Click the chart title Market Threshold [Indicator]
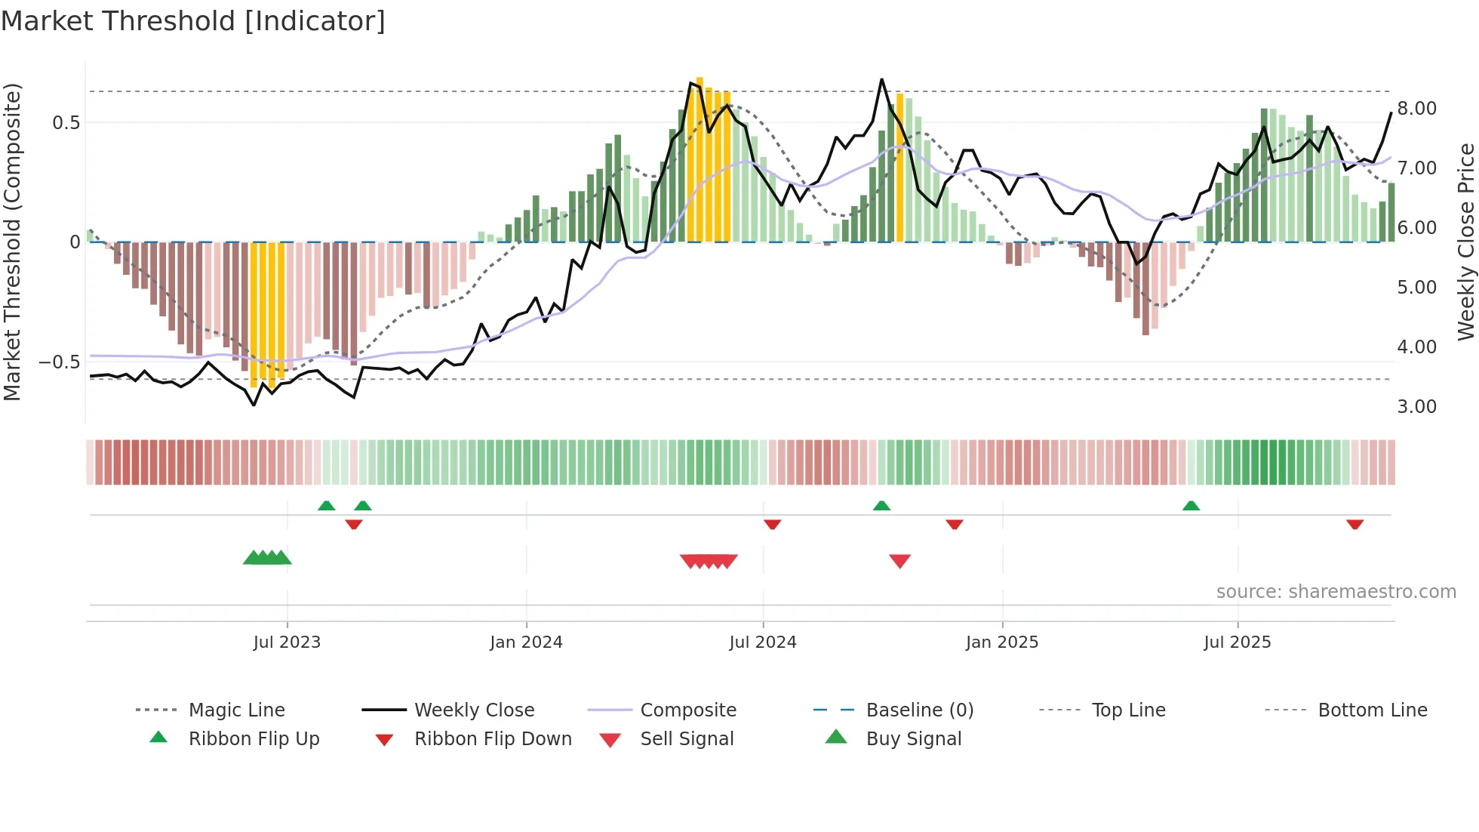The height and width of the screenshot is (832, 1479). [193, 21]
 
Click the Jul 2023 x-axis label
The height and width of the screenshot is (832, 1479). [287, 642]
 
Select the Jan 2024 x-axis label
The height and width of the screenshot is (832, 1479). [526, 642]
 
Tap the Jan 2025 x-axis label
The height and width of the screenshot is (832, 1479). [1002, 642]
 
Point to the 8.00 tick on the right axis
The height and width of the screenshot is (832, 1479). [1416, 108]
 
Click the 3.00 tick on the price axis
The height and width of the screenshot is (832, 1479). [1416, 407]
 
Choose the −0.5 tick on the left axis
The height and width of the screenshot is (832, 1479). [59, 362]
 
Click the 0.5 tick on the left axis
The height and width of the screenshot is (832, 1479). [66, 122]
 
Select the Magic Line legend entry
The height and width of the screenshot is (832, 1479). [236, 710]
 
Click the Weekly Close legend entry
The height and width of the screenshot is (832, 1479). [474, 710]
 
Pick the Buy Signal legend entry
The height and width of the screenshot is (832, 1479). [913, 739]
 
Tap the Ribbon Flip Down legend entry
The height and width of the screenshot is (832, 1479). [493, 739]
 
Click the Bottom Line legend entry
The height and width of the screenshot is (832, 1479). [1372, 710]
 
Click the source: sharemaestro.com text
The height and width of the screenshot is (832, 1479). [1336, 592]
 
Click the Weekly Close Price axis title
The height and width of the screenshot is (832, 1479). [1465, 242]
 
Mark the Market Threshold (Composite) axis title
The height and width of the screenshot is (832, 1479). [12, 242]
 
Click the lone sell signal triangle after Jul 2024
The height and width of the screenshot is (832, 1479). [899, 561]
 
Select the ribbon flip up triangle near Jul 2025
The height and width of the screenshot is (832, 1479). [1191, 506]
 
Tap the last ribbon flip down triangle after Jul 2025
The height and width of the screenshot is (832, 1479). [1354, 524]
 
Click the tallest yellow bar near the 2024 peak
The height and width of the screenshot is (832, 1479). [700, 159]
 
